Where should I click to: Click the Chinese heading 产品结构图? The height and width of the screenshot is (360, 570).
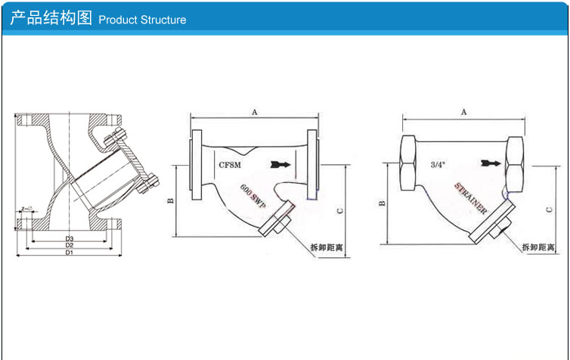[x=51, y=18]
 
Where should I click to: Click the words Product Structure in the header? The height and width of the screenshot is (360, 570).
[x=142, y=20]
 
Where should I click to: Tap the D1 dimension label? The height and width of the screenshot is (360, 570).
[x=68, y=253]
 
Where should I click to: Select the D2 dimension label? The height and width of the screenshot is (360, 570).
[x=68, y=245]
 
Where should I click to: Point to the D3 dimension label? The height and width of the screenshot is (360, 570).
[x=68, y=238]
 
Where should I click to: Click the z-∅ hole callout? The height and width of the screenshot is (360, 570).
[x=27, y=206]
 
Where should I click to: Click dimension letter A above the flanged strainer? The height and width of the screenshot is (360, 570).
[x=255, y=112]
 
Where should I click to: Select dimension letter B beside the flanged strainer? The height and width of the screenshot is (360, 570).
[x=171, y=200]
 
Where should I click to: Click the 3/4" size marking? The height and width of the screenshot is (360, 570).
[x=437, y=163]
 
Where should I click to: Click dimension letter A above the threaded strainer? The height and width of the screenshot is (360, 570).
[x=463, y=111]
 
